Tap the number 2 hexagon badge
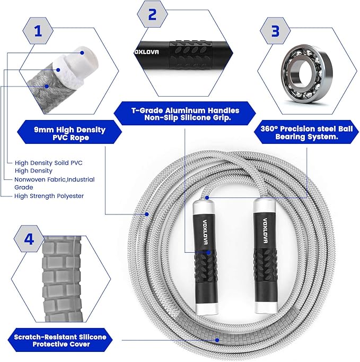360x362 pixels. (x=153, y=14)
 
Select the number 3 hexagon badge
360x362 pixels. (x=275, y=30)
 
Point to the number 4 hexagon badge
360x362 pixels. (x=29, y=239)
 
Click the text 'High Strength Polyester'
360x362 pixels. (x=49, y=196)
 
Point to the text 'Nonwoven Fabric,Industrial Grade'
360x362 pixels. (x=55, y=183)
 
